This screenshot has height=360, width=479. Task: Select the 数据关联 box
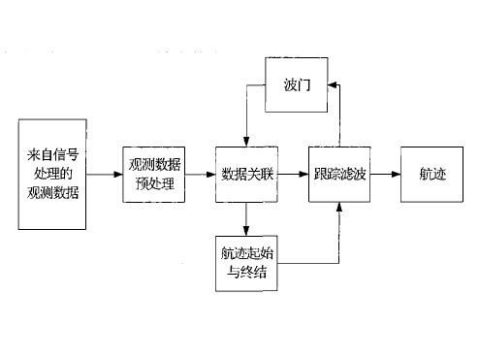(x=245, y=175)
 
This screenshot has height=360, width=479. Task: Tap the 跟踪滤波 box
(x=338, y=175)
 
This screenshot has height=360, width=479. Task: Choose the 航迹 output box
(x=431, y=175)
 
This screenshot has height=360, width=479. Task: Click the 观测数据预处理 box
(x=153, y=175)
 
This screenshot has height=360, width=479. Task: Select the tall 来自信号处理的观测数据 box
(x=52, y=175)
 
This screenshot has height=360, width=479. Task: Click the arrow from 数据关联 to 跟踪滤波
(x=292, y=175)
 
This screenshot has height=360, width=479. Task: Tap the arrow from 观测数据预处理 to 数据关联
(x=200, y=175)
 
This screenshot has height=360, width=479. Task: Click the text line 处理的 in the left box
(x=52, y=175)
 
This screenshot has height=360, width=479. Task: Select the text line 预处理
(x=153, y=183)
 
